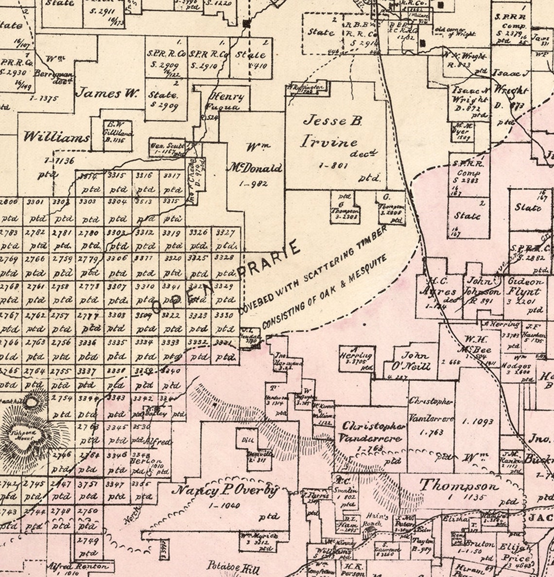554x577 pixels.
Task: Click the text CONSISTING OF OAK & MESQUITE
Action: (325, 290)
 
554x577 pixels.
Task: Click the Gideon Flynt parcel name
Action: (524, 287)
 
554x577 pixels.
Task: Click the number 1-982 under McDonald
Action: (253, 183)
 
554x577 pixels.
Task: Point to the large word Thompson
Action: (459, 486)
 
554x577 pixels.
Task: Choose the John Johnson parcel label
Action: (482, 287)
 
